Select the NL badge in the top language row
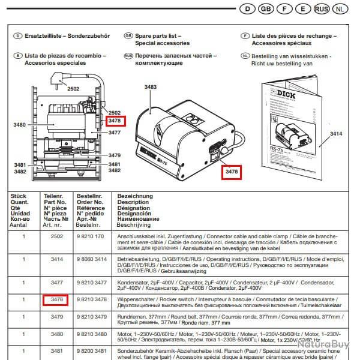(x=340, y=9)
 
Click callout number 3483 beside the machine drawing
(x=150, y=88)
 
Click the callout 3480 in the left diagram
(x=19, y=125)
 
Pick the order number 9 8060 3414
(x=92, y=259)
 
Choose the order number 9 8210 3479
(x=92, y=316)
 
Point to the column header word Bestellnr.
(x=88, y=196)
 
